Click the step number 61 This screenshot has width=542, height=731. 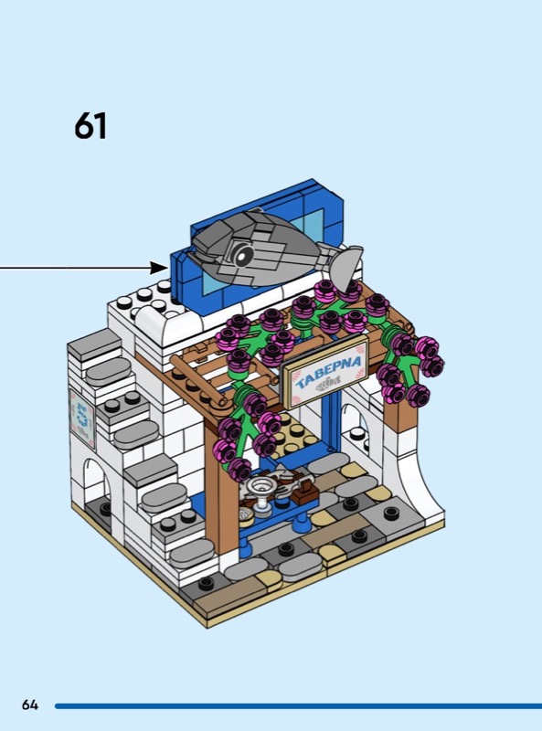coord(90,126)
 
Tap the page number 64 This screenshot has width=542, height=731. coord(30,705)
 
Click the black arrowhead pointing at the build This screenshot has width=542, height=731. coord(159,268)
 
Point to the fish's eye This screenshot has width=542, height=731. coord(243,255)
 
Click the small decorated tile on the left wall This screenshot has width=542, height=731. coord(82,419)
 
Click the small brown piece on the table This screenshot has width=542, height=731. coord(304,495)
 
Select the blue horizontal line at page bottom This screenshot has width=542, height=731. coord(299,705)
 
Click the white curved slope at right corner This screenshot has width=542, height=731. coord(424,481)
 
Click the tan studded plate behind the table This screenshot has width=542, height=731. coord(294,435)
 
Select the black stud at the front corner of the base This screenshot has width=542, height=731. coord(207,582)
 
